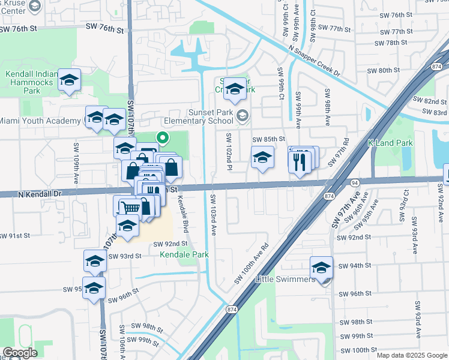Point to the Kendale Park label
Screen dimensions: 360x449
pos(184,254)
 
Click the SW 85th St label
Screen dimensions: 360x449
pos(268,139)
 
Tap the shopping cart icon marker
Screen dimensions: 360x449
pos(130,208)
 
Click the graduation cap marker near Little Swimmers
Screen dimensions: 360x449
pos(321,267)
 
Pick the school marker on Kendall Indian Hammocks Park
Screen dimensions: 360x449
pos(70,80)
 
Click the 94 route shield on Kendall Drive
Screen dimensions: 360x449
pos(354,182)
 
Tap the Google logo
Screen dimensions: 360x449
pos(20,353)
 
